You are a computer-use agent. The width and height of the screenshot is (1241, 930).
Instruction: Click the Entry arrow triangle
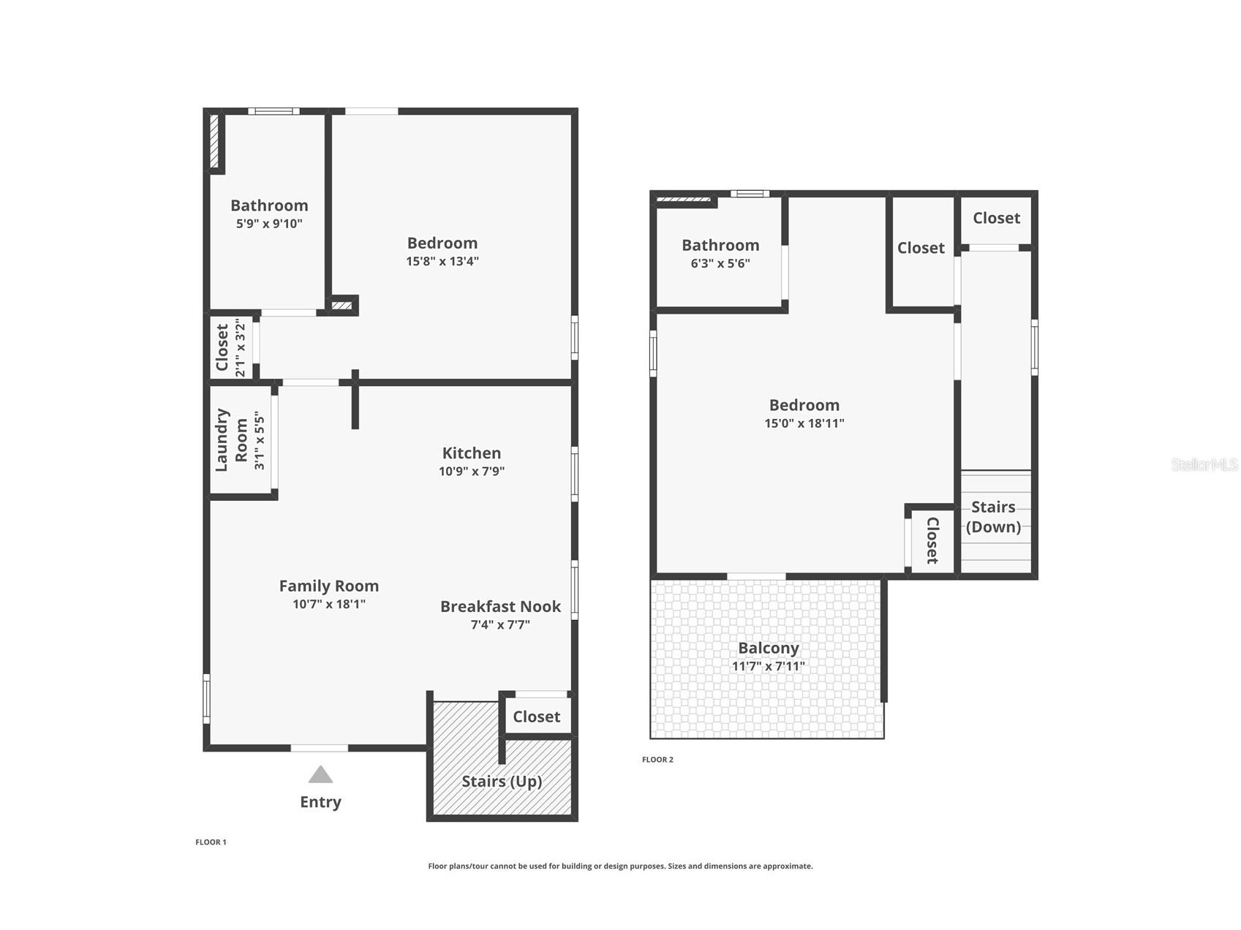pos(320,774)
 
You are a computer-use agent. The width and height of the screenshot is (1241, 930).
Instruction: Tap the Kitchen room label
pos(472,453)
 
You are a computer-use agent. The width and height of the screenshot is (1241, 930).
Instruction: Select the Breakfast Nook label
pos(500,607)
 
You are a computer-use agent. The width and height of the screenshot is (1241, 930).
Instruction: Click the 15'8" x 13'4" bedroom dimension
pos(442,261)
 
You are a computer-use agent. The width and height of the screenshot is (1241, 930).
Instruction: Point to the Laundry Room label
pos(232,439)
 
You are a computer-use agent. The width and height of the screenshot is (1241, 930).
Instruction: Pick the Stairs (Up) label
pos(502,782)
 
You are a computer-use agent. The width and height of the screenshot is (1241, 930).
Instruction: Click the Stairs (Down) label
pos(993,517)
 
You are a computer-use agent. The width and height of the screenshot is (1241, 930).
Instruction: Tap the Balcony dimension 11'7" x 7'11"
pos(768,666)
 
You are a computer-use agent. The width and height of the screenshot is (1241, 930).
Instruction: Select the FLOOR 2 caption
pos(657,760)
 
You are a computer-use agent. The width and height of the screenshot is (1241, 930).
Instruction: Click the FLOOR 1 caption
pos(211,842)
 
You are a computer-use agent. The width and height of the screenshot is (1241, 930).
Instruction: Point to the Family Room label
pos(329,586)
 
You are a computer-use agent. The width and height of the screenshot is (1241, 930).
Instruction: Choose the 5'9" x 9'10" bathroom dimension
pos(269,224)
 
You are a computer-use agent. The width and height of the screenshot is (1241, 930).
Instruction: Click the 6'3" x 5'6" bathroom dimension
pos(720,263)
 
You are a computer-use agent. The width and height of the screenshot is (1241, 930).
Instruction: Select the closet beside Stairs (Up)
pos(536,717)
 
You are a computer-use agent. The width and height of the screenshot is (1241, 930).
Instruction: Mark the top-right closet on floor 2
pos(996,218)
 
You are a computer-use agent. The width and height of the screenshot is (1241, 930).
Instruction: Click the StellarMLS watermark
pos(1204,464)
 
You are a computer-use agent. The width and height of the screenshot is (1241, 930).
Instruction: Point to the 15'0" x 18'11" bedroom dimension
pos(804,423)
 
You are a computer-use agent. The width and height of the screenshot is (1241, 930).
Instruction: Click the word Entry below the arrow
pos(320,802)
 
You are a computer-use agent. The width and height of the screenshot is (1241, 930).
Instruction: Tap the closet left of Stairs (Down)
pos(932,540)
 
